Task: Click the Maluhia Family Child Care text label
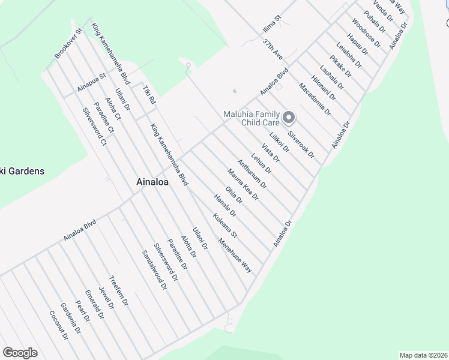click(252, 118)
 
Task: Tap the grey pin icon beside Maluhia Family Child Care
click(288, 118)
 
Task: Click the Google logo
click(20, 353)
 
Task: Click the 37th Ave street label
click(272, 49)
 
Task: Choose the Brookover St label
click(68, 43)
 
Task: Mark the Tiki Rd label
click(149, 95)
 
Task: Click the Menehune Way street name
click(235, 256)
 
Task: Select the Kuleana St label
click(225, 226)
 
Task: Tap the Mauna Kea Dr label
click(243, 184)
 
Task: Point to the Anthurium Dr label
click(252, 174)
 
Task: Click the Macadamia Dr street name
click(315, 99)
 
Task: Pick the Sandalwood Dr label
click(154, 269)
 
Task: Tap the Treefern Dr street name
click(119, 291)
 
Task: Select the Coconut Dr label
click(59, 325)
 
